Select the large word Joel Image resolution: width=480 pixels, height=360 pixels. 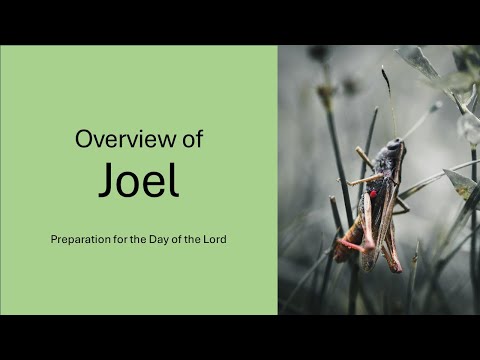point(139,179)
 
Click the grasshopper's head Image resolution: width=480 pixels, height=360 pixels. point(395,150)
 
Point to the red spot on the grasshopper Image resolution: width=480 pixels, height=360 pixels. point(373,194)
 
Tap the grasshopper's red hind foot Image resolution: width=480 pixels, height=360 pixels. point(345,244)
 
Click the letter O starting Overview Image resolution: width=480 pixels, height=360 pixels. point(83,140)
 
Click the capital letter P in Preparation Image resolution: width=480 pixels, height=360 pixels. point(52,241)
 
